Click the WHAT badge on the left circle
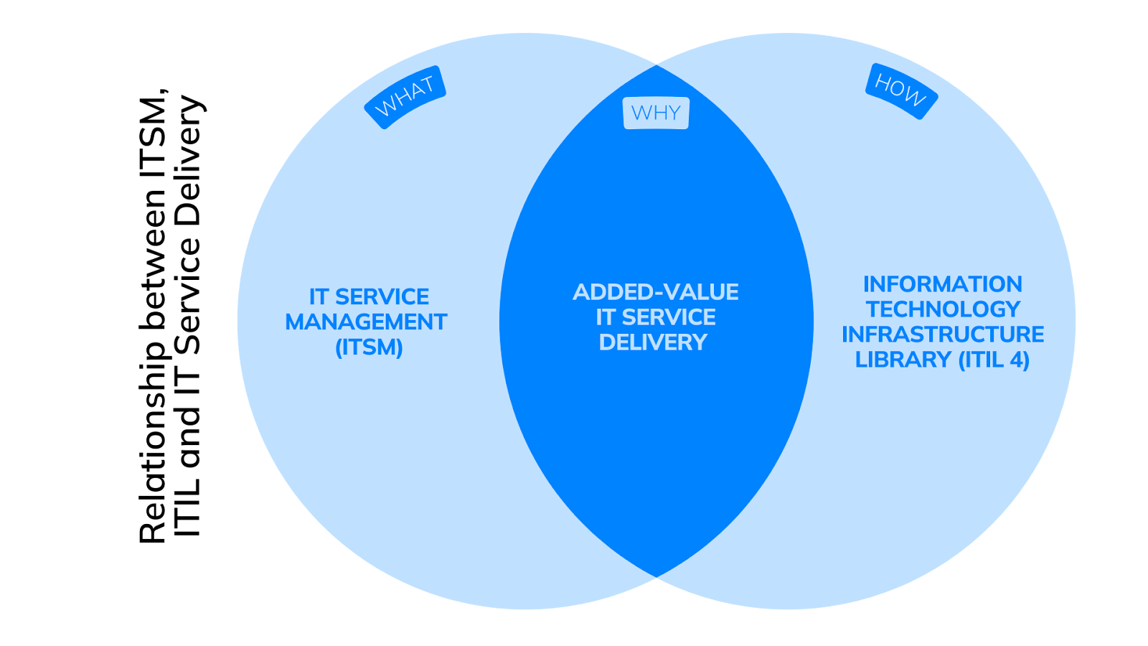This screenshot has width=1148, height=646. (x=405, y=97)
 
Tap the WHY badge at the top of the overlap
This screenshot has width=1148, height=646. (x=656, y=113)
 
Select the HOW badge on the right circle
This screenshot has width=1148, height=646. (x=901, y=91)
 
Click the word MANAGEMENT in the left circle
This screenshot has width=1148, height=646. (x=366, y=322)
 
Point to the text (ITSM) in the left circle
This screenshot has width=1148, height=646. (x=369, y=347)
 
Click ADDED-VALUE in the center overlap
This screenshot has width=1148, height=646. (x=656, y=292)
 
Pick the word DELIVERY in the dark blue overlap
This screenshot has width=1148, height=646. (x=653, y=342)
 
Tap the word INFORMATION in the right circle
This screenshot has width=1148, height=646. (x=942, y=284)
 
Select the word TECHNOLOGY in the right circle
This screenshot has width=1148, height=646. (x=943, y=309)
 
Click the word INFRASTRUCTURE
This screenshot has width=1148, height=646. (x=943, y=334)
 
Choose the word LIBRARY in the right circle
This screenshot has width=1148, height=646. (x=903, y=360)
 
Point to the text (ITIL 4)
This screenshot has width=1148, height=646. (x=994, y=360)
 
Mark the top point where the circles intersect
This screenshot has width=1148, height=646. (x=657, y=65)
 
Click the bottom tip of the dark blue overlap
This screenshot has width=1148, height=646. (x=657, y=576)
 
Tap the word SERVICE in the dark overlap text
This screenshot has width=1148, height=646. (x=668, y=317)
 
